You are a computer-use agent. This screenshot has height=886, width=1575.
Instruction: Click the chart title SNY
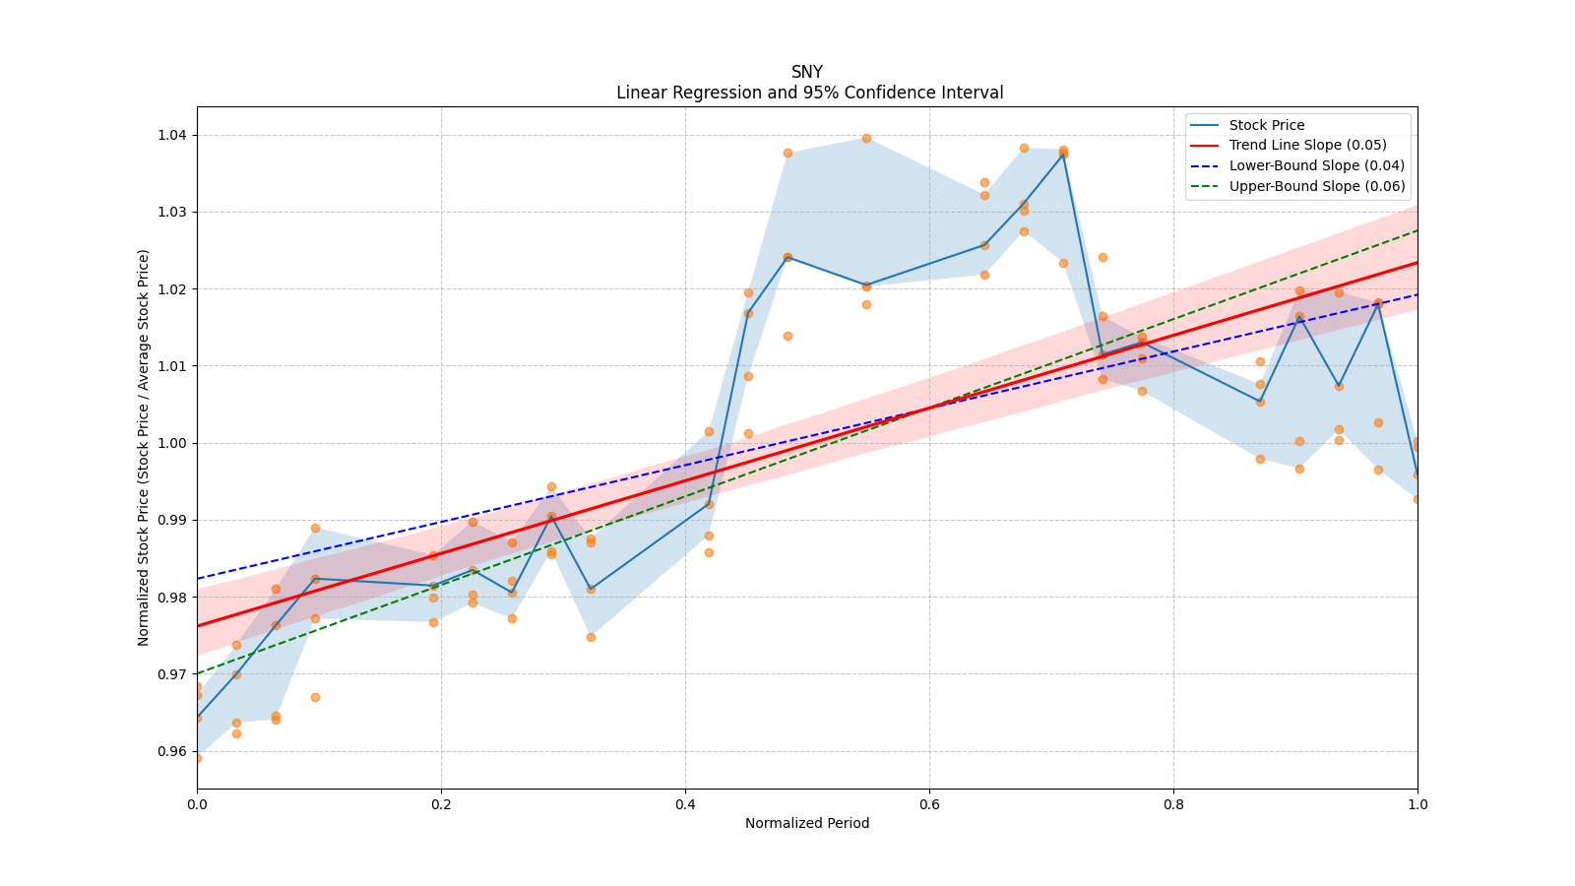(x=806, y=72)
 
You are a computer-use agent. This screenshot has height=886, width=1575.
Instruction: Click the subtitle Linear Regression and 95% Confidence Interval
(x=809, y=93)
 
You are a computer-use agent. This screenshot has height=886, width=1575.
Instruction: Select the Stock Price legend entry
(x=1266, y=125)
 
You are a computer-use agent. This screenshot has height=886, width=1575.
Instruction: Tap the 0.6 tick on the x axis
(x=929, y=803)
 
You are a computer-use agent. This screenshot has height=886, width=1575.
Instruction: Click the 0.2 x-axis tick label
(x=441, y=803)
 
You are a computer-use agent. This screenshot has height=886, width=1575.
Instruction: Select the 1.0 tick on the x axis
(x=1417, y=803)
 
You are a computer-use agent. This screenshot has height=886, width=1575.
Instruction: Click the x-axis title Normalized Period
(x=807, y=823)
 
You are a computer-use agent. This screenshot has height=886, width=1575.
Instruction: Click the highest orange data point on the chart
(x=866, y=139)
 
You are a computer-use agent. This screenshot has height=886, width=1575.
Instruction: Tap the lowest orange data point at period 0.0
(x=198, y=759)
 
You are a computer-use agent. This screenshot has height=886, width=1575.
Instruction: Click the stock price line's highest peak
(x=1063, y=154)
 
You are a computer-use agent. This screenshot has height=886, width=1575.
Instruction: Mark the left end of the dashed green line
(x=198, y=673)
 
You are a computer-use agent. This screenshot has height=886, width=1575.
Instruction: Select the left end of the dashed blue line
(x=198, y=579)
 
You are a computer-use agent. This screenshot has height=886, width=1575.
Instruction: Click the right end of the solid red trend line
(x=1417, y=262)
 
